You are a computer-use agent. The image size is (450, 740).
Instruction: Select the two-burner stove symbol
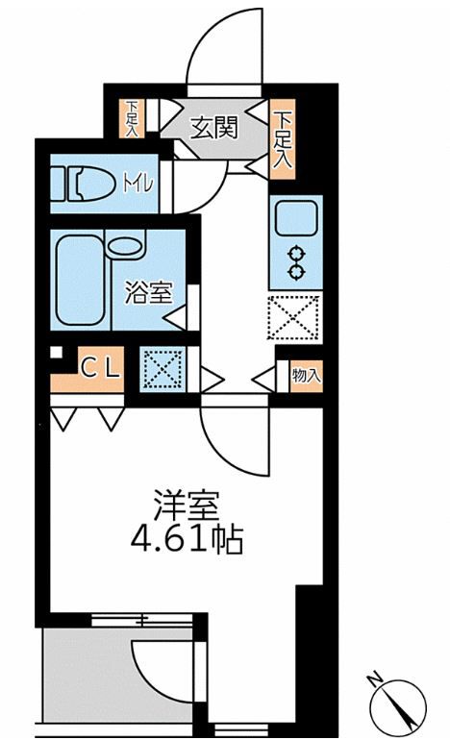(296, 262)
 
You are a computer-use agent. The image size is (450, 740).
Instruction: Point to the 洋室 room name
(187, 506)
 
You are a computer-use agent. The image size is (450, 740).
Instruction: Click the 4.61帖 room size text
(187, 540)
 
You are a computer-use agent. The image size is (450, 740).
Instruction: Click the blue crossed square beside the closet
(158, 368)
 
